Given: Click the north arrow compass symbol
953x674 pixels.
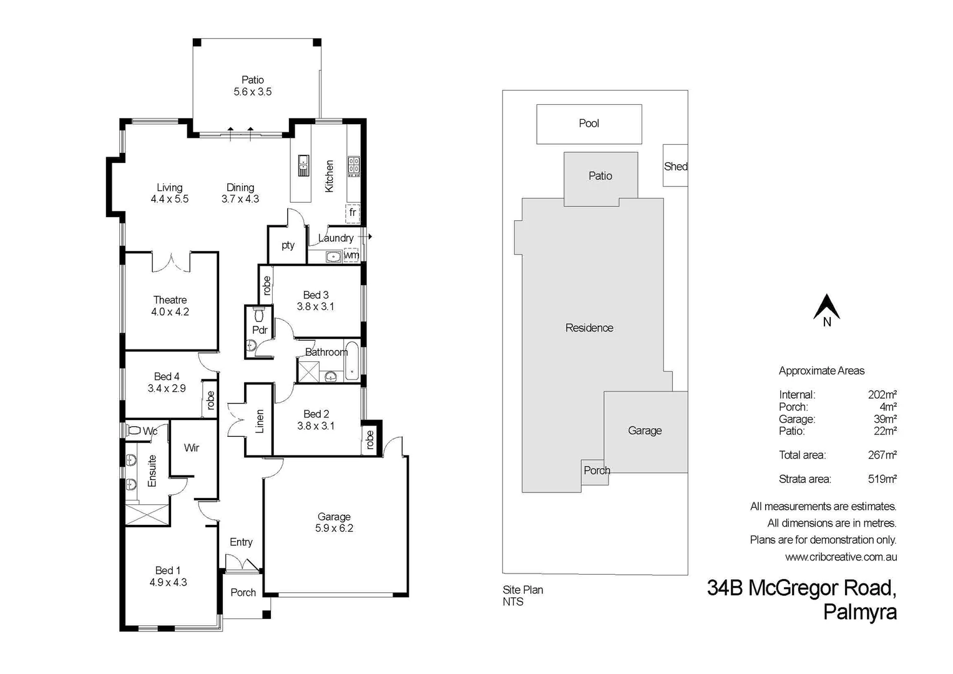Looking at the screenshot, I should tap(826, 308).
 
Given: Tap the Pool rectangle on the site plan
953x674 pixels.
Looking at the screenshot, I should tap(589, 124).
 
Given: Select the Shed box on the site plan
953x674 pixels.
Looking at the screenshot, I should tap(675, 166).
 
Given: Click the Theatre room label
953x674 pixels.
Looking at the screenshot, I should tap(170, 300).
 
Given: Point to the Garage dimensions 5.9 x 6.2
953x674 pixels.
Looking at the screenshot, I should tap(334, 529).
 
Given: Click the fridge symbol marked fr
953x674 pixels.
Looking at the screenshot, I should tap(353, 213).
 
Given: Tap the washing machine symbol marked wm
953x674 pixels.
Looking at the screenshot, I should tap(351, 255).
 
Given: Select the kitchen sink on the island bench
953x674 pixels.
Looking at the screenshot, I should tap(303, 166).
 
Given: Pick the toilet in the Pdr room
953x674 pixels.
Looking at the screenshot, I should tap(260, 314).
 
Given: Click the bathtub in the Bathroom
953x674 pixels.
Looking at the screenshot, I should tap(353, 361).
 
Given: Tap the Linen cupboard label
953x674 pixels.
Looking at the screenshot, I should tap(260, 421).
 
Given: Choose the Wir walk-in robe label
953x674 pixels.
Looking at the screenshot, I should tap(192, 448).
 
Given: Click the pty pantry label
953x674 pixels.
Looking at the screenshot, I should tap(288, 245).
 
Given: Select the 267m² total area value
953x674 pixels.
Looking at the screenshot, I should tap(882, 455).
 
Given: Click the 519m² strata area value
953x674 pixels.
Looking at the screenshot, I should tap(882, 479).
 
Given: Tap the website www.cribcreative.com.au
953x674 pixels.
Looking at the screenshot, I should tap(841, 557).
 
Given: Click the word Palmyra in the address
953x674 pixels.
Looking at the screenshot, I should tap(859, 612).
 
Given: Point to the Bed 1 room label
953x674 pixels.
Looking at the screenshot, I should tap(168, 570).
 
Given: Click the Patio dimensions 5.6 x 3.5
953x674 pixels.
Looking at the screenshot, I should tap(253, 92).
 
